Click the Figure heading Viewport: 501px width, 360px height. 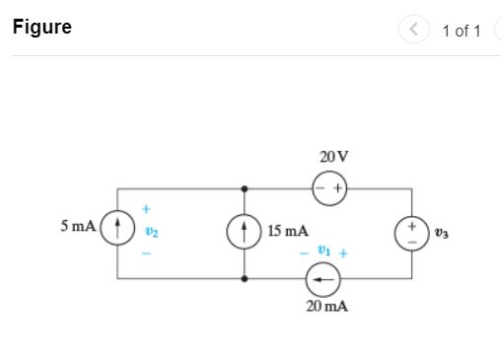pos(42,28)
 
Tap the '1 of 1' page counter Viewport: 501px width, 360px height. pos(461,32)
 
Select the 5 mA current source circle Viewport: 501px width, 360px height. pos(118,229)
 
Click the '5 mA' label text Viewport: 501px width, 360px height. pos(79,226)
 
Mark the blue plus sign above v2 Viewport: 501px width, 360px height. pos(146,209)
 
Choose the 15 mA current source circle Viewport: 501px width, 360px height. pos(244,233)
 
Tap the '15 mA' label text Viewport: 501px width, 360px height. pos(287,232)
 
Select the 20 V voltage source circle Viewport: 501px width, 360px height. pos(328,187)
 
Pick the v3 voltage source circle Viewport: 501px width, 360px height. pos(412,233)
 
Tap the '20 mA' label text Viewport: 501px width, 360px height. pos(326,307)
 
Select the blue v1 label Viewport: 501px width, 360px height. pos(322,252)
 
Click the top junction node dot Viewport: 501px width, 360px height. pos(244,187)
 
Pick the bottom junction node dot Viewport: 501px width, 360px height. pos(244,279)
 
